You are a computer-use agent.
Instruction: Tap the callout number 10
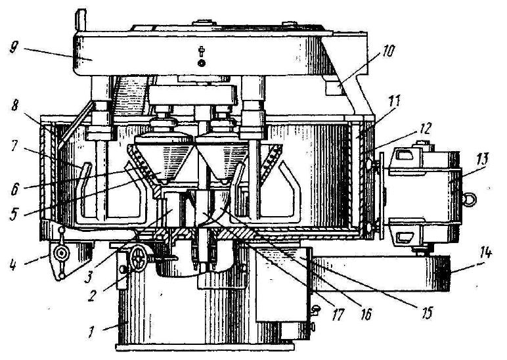(388, 51)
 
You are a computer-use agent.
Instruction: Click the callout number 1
(91, 332)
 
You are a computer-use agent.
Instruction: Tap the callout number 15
(428, 313)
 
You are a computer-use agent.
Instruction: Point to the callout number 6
(15, 189)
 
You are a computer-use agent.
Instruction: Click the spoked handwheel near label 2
(139, 257)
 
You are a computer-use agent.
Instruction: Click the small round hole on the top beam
(202, 63)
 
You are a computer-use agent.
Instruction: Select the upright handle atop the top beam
(81, 20)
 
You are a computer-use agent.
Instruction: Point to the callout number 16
(365, 314)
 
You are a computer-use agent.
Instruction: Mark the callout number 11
(393, 101)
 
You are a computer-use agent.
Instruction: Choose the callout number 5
(13, 214)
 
